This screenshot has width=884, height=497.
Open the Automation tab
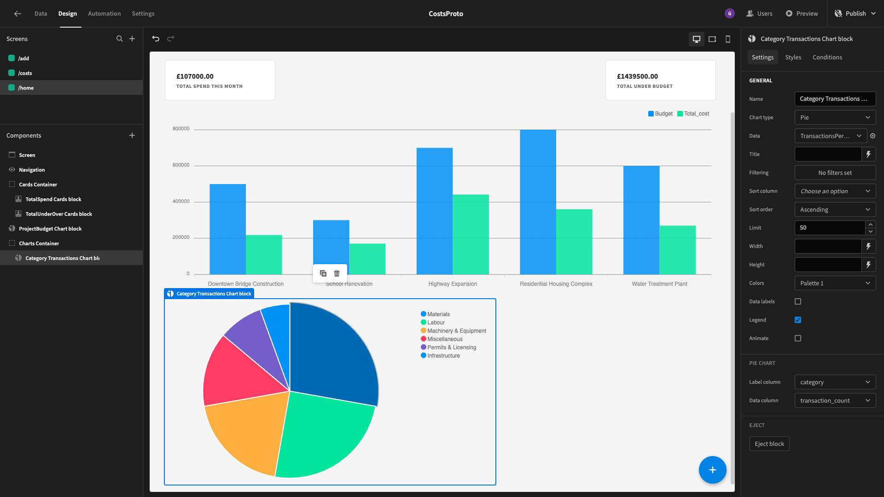[x=104, y=13]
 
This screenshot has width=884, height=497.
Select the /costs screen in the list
[x=25, y=73]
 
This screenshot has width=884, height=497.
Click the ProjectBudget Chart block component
[x=50, y=229]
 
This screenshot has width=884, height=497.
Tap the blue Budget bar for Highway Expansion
[x=434, y=211]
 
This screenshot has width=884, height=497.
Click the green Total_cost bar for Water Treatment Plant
[x=677, y=250]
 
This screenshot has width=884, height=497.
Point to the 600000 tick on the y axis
[x=181, y=165]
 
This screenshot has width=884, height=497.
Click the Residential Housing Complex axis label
[x=556, y=284]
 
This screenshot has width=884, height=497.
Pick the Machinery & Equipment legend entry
[x=454, y=331]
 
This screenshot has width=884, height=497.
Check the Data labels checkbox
[x=798, y=301]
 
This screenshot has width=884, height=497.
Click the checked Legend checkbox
[x=798, y=320]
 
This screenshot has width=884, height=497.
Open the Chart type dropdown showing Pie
[x=835, y=117]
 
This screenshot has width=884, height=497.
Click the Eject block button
[x=769, y=444]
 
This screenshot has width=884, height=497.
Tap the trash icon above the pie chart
[x=337, y=273]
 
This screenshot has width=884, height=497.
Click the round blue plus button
[x=712, y=470]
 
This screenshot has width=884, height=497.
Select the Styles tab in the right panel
[x=793, y=57]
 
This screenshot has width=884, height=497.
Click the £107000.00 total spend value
[x=195, y=76]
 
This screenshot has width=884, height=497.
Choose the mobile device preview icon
[x=728, y=39]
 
